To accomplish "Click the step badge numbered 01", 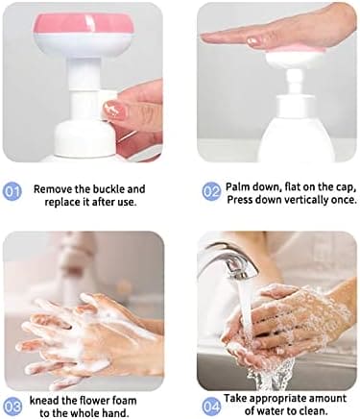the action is pyautogui.click(x=12, y=192).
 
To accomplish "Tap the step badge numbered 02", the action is pyautogui.click(x=212, y=192).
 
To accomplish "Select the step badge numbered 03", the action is pyautogui.click(x=12, y=407).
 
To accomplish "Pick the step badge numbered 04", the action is pyautogui.click(x=212, y=407).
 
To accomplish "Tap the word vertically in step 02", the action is pyautogui.click(x=305, y=200).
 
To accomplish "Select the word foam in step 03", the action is pyautogui.click(x=124, y=401).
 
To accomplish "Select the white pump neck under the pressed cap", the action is pyautogui.click(x=295, y=82).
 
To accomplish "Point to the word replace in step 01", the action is pyautogui.click(x=61, y=203).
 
